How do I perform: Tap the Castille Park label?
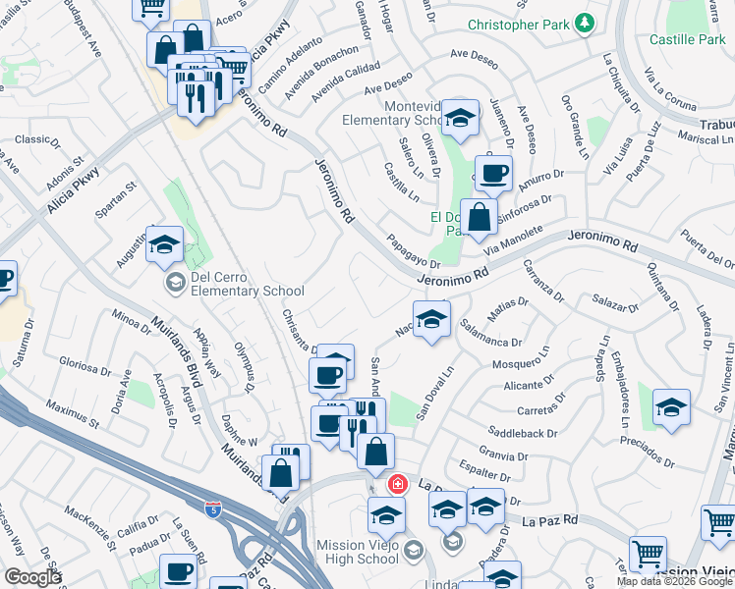687,40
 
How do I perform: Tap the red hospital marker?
397,484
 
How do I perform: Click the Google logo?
32,577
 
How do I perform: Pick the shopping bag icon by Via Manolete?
480,217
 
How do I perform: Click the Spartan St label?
116,199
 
